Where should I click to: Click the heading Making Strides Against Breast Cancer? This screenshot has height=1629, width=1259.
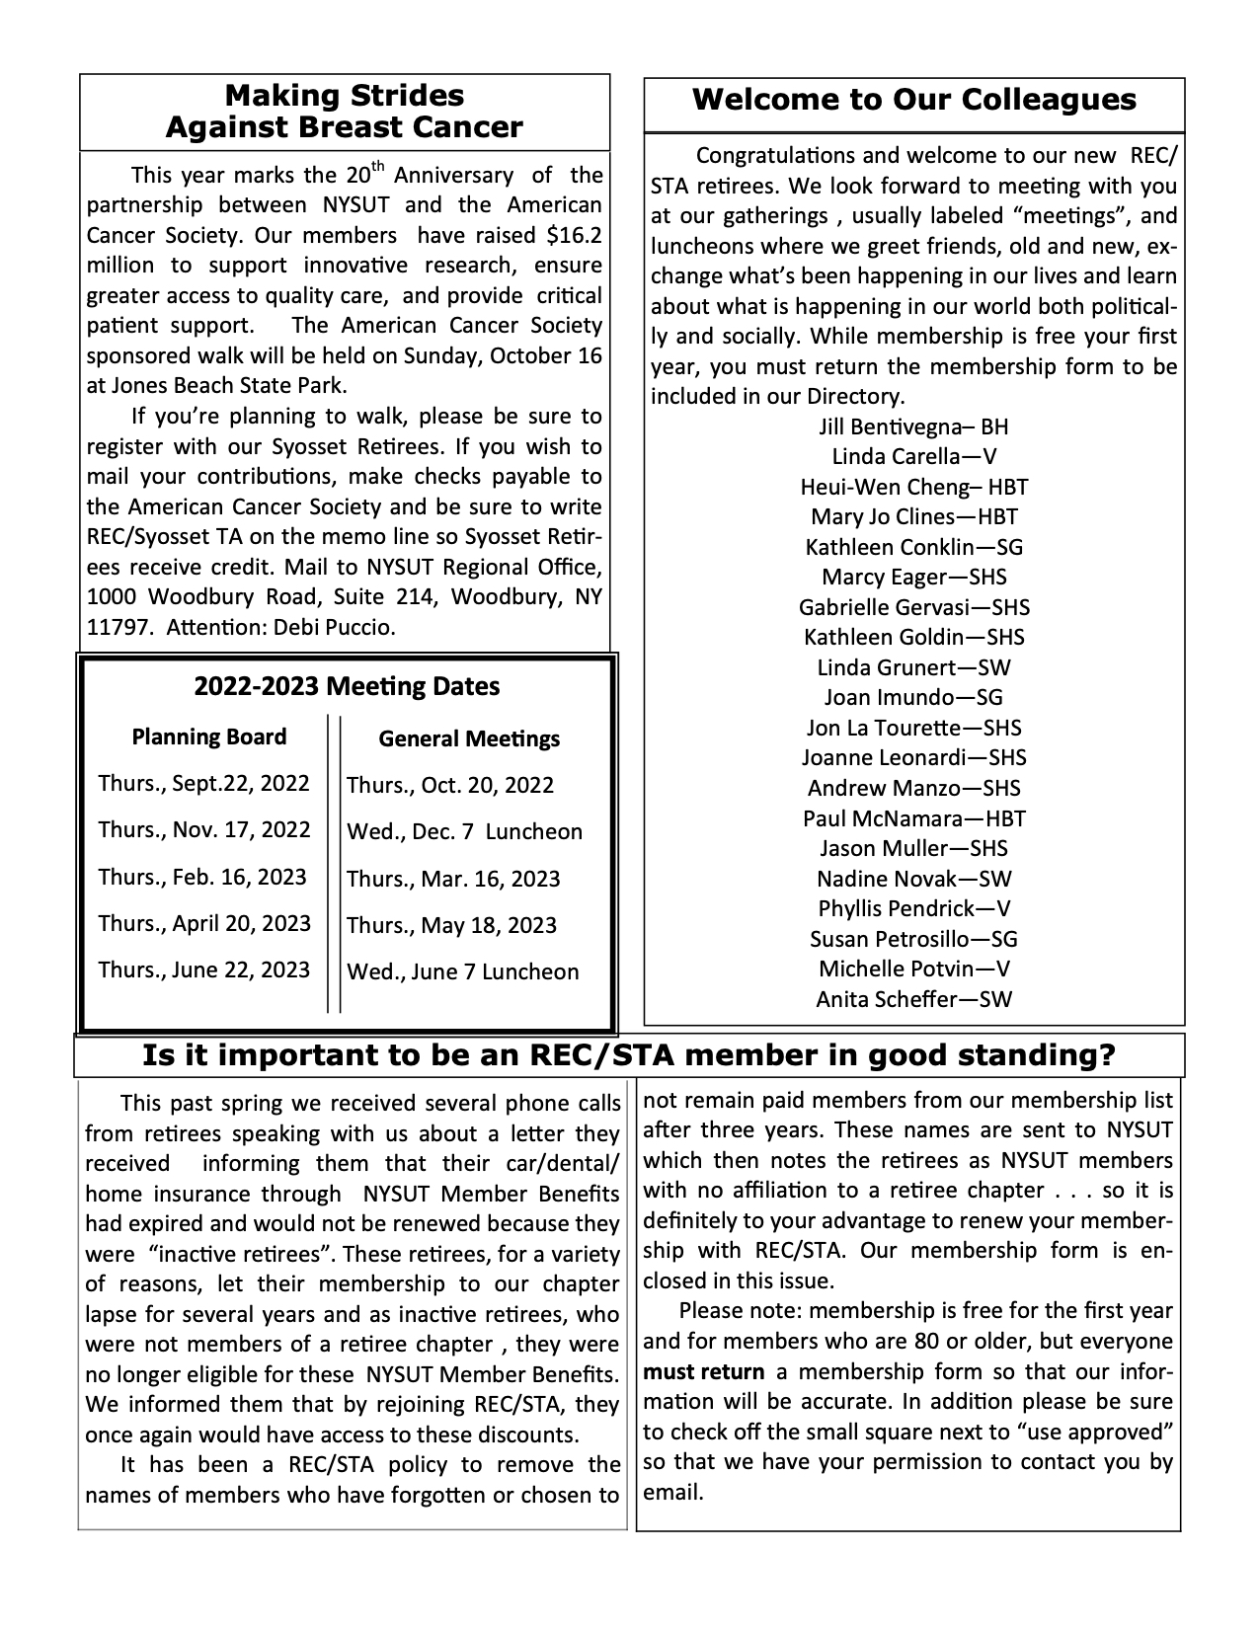point(345,112)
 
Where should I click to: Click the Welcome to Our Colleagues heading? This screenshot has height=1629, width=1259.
point(913,100)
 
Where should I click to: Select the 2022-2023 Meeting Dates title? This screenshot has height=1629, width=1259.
point(347,686)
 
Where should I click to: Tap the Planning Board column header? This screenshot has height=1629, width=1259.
point(209,737)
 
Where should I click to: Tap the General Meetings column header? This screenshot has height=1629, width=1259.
point(469,739)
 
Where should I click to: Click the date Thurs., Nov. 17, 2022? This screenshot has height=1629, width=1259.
point(204,830)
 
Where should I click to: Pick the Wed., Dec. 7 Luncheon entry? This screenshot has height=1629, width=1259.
point(464,832)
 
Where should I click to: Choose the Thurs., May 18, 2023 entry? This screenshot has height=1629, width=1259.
point(451,926)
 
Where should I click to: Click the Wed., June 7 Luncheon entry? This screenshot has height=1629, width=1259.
point(462,972)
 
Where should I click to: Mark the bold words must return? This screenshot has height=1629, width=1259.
point(703,1372)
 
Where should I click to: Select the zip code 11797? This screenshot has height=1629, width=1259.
point(117,628)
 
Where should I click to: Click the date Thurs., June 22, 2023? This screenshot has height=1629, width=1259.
point(204,970)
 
